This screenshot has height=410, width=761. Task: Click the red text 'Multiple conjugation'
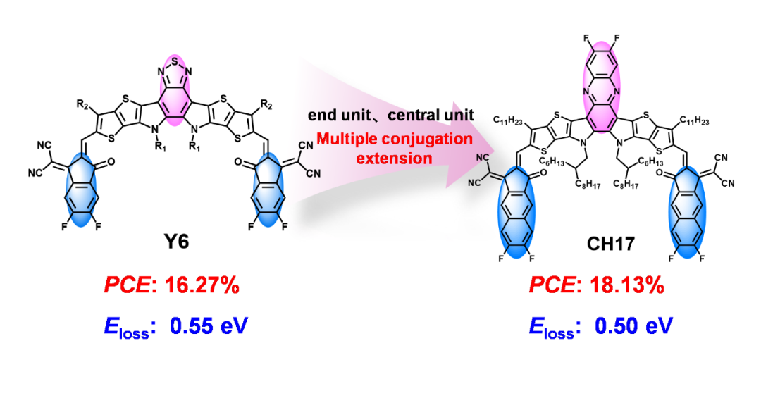[x=394, y=139]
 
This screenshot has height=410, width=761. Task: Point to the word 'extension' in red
[x=394, y=158]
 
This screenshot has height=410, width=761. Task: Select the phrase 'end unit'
[x=335, y=115]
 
